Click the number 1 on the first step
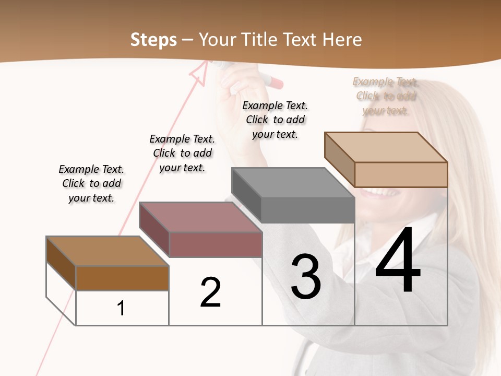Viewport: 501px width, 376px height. coord(121,308)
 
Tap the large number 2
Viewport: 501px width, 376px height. coord(210,292)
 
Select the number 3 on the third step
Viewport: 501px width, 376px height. coord(306,276)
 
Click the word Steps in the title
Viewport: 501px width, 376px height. coord(153,40)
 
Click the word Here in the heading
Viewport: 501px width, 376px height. coord(342,40)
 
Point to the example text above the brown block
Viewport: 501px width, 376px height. coord(91,183)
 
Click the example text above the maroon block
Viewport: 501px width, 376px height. coord(182,153)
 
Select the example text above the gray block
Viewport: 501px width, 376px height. coord(275,120)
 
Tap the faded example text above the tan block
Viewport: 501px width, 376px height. coord(386,96)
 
